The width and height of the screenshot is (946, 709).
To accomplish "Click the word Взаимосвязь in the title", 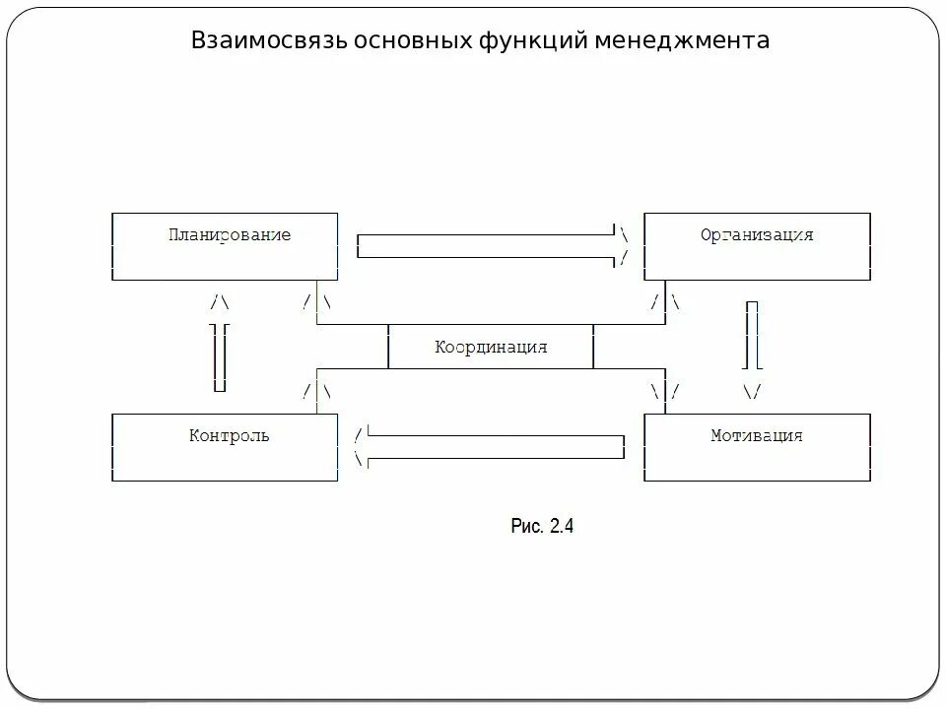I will tap(253, 41).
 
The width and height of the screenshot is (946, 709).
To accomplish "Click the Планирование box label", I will tap(230, 235).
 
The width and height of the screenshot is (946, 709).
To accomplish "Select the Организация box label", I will tap(757, 235).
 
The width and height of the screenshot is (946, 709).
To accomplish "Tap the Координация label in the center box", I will tap(491, 348).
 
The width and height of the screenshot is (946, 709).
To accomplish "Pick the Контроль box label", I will tap(229, 435).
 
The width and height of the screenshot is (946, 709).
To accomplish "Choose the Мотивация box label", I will tap(757, 435).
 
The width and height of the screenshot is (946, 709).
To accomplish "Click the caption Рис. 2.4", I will tap(542, 526).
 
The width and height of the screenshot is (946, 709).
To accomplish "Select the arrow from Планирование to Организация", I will tap(488, 246).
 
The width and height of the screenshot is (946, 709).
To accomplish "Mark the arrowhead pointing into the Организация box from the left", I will tap(623, 246).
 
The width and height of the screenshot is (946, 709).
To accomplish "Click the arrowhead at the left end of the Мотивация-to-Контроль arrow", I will tap(361, 446).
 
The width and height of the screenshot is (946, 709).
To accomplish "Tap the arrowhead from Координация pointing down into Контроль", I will tap(316, 391).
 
